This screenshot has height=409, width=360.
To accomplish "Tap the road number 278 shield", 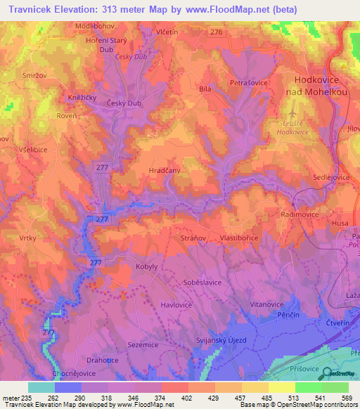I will pos(217,33).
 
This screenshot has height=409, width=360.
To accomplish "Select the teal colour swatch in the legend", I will pos(41,387).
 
